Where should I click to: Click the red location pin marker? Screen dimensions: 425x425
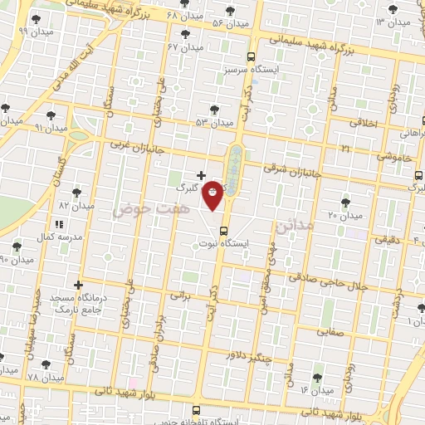click(x=213, y=194)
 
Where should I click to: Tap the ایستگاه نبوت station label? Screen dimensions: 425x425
click(x=224, y=244)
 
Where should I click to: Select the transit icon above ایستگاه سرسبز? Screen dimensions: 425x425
click(x=252, y=57)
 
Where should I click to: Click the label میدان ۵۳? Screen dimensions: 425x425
click(x=214, y=122)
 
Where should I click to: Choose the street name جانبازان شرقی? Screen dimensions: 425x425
click(x=292, y=169)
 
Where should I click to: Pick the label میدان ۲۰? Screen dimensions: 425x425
click(x=346, y=215)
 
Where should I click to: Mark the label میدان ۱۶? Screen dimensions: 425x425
click(x=316, y=389)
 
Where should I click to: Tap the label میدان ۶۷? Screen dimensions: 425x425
click(x=185, y=46)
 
